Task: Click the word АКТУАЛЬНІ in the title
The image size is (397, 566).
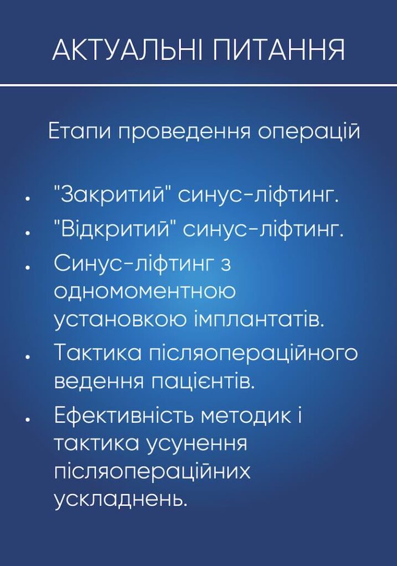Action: click(x=128, y=50)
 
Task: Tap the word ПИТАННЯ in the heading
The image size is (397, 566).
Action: click(x=279, y=50)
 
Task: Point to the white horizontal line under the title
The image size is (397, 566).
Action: click(x=198, y=85)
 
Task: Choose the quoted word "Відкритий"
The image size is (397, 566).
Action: click(x=114, y=229)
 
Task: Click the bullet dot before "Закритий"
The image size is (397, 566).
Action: click(x=27, y=197)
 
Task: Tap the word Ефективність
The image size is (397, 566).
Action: click(x=124, y=416)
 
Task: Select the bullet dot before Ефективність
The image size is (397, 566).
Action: click(x=27, y=418)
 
